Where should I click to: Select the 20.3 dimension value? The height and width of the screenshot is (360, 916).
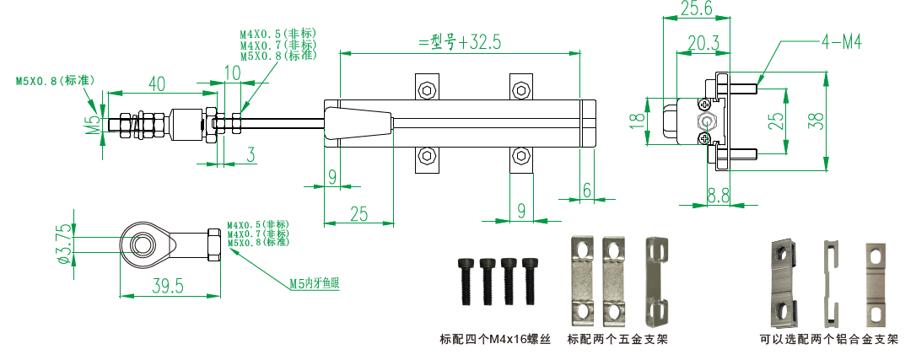point(703,42)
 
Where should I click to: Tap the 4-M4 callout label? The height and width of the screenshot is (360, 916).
point(839,41)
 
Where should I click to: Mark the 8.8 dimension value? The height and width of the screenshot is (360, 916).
point(718,196)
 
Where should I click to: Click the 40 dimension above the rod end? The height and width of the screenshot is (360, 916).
point(156,83)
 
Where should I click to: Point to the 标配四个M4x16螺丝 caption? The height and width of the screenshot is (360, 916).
point(494,340)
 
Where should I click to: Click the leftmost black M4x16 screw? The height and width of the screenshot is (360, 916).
point(464,281)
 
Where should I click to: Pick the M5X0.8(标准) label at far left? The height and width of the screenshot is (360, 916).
point(54,81)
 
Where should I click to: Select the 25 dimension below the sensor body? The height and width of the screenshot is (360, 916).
point(358,214)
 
